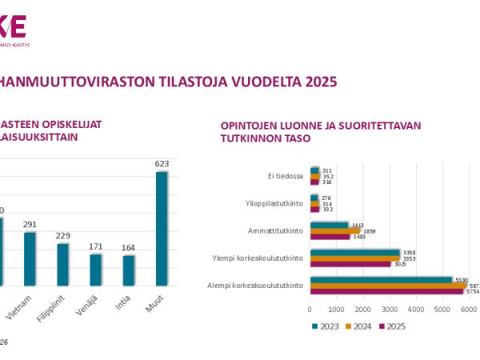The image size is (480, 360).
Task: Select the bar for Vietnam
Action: click(x=30, y=258)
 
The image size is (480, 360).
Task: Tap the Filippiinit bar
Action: click(x=62, y=264)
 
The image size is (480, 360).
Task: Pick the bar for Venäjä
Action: click(x=95, y=269)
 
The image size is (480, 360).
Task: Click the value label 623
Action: click(x=162, y=165)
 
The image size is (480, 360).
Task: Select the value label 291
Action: click(x=30, y=226)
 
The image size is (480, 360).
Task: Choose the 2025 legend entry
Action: click(x=391, y=326)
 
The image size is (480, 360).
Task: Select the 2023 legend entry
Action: click(x=324, y=326)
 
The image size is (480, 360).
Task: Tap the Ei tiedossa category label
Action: click(x=285, y=176)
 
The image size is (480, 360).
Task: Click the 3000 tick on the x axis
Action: click(x=389, y=309)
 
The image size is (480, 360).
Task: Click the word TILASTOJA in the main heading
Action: click(x=156, y=82)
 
